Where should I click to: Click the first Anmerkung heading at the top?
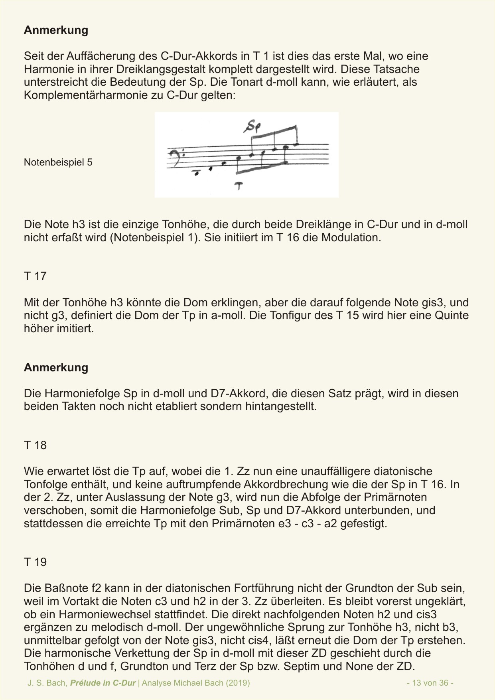[x=56, y=30]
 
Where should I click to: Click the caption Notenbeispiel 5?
[x=58, y=162]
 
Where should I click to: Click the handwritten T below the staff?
[x=239, y=185]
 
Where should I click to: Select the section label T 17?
[x=35, y=276]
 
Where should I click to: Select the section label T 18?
[x=35, y=445]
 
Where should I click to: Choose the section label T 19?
[x=35, y=562]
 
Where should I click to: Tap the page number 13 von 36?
[x=430, y=683]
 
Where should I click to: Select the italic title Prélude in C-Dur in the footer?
[x=103, y=683]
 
